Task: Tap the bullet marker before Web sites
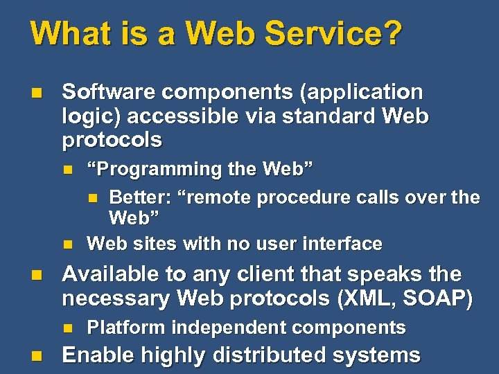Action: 67,244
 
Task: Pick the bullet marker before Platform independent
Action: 67,328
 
